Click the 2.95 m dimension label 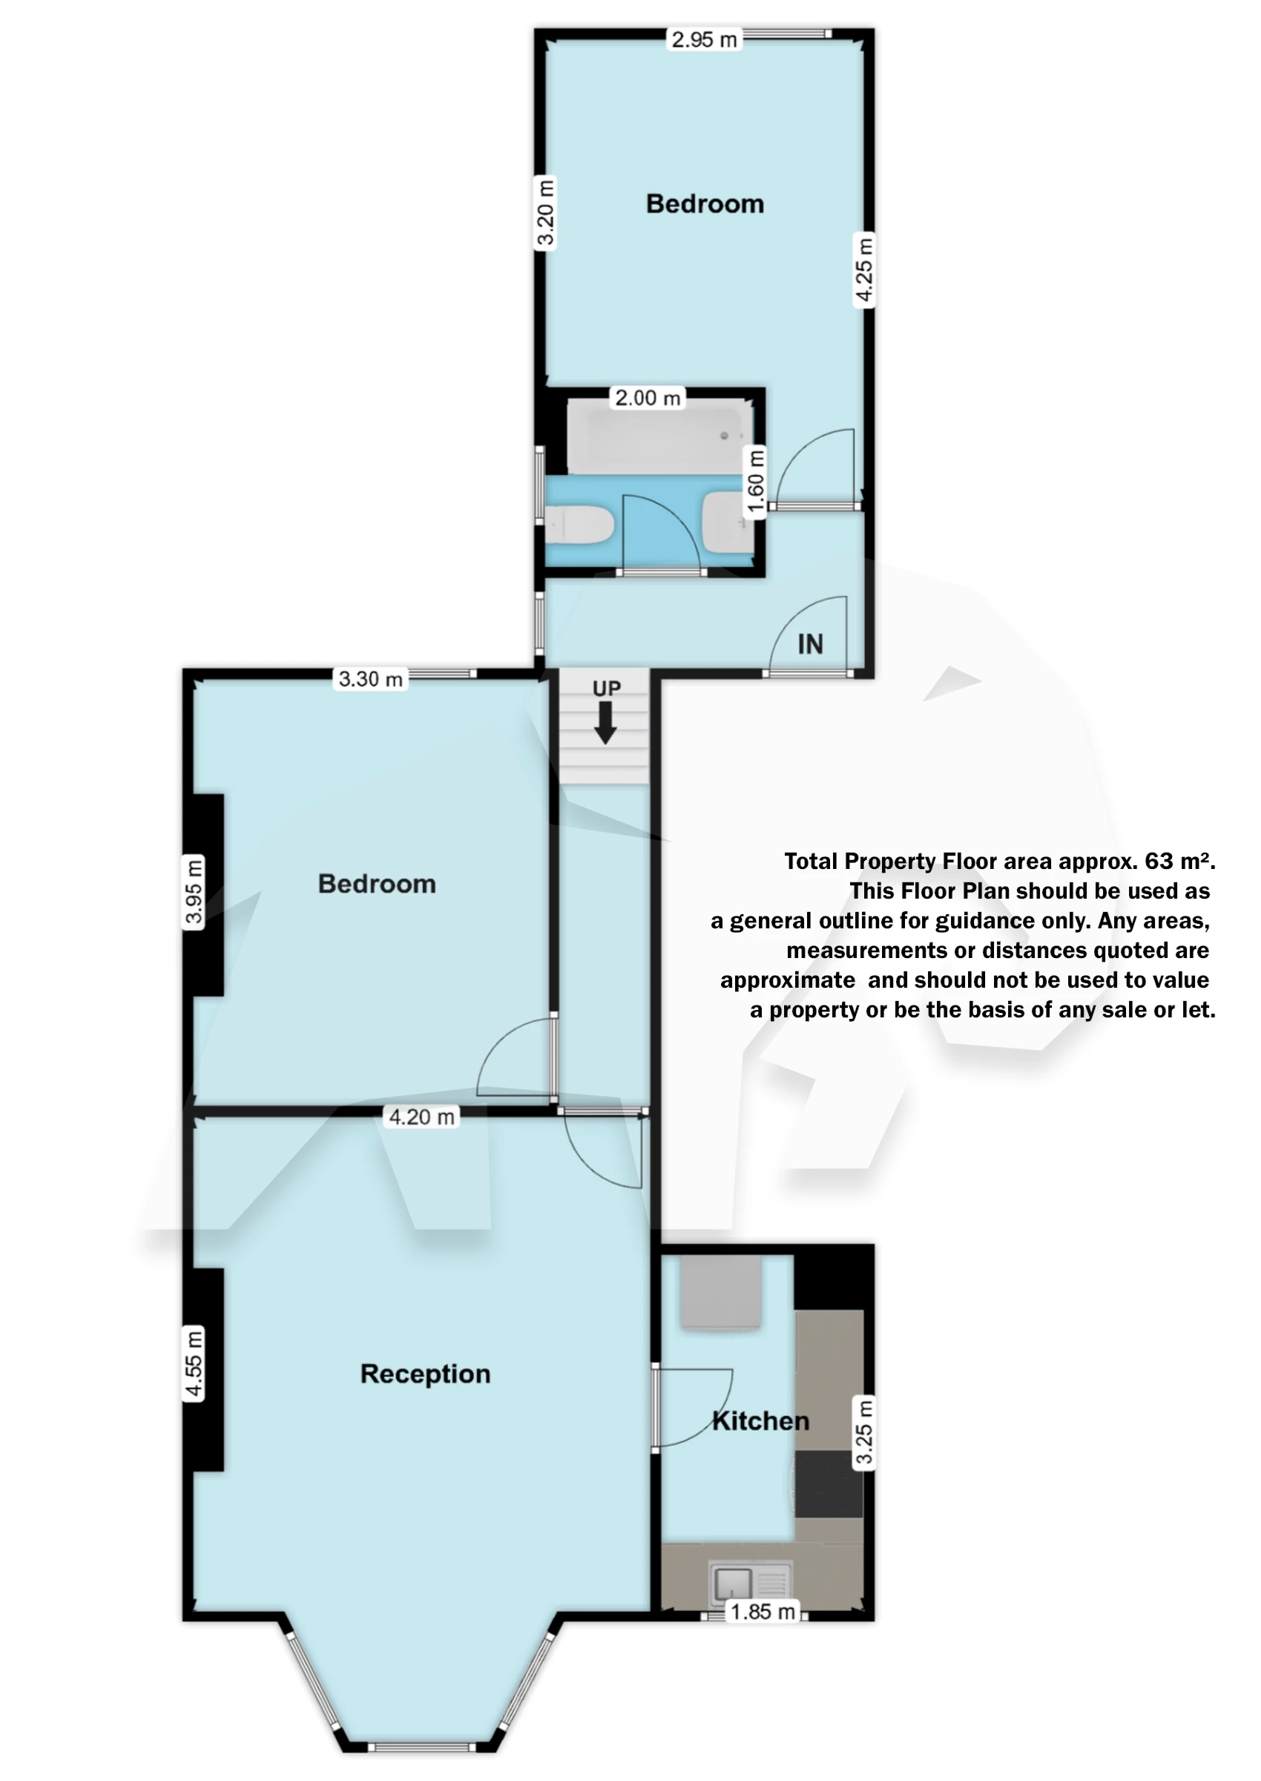pyautogui.click(x=703, y=39)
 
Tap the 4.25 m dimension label pyautogui.click(x=863, y=269)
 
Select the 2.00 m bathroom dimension pyautogui.click(x=648, y=398)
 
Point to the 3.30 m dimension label pyautogui.click(x=370, y=680)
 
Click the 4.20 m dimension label pyautogui.click(x=421, y=1118)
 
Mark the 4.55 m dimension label pyautogui.click(x=194, y=1364)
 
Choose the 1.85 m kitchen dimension pyautogui.click(x=763, y=1613)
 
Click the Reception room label pyautogui.click(x=425, y=1374)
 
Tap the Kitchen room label pyautogui.click(x=760, y=1421)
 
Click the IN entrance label pyautogui.click(x=810, y=644)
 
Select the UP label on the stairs pyautogui.click(x=607, y=689)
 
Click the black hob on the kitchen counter pyautogui.click(x=829, y=1484)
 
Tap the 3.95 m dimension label pyautogui.click(x=194, y=892)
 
